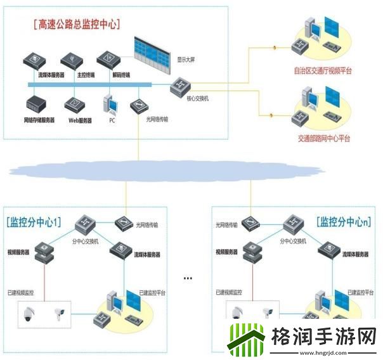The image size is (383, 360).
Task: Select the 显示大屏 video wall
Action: point(152,51)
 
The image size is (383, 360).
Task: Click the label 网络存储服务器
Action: point(39,120)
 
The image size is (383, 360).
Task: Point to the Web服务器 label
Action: point(80,120)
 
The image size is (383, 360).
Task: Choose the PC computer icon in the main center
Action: point(110,105)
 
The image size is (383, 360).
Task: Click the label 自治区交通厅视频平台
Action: point(323,71)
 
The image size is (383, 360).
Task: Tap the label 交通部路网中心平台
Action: point(323,138)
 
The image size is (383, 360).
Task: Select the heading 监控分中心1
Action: point(35,222)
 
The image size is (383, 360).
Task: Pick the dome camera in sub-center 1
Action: point(29,314)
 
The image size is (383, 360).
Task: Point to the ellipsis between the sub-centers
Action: point(188,278)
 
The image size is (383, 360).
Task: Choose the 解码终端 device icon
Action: point(112,61)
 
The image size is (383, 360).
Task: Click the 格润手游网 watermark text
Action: point(317,336)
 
